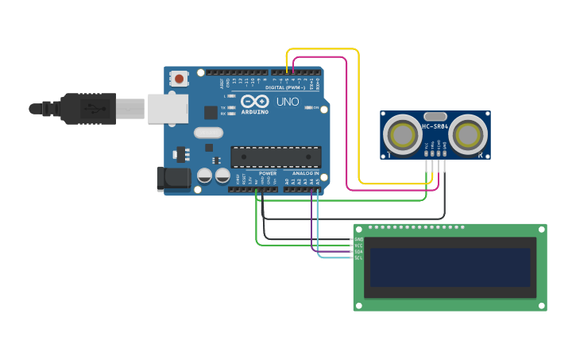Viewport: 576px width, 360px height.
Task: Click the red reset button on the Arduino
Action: tap(180, 78)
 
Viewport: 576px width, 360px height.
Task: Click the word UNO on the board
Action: tap(287, 102)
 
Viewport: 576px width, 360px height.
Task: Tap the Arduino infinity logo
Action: tap(255, 102)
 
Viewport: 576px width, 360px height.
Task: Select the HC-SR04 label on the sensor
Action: tap(435, 126)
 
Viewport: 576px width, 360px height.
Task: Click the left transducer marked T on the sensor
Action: tap(403, 135)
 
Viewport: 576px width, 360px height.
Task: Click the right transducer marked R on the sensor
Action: tap(467, 135)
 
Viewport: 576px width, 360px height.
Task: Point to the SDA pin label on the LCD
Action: tap(358, 252)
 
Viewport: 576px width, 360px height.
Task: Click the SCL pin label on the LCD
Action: tap(358, 258)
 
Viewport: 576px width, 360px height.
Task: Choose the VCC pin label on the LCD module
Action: tap(358, 246)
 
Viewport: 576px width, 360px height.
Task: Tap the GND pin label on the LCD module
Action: tap(358, 239)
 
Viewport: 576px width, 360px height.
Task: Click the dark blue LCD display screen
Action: tap(450, 268)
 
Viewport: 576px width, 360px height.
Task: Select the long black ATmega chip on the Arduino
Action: tap(276, 157)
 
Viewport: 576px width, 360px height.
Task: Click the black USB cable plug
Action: tap(87, 108)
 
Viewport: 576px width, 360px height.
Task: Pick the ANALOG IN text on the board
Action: tap(305, 173)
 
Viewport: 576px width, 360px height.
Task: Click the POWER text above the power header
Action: tap(268, 173)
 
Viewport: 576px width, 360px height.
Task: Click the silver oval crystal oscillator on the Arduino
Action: tap(209, 133)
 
